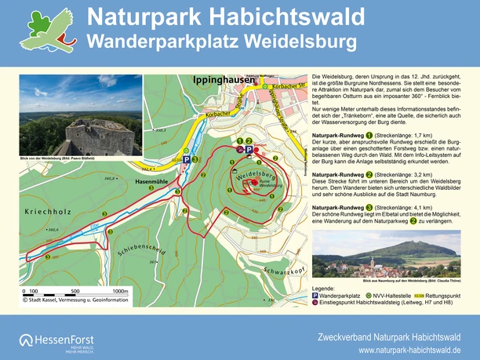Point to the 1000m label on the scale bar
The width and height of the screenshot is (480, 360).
pos(120,291)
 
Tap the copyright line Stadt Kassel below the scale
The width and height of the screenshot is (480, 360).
pos(75,298)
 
